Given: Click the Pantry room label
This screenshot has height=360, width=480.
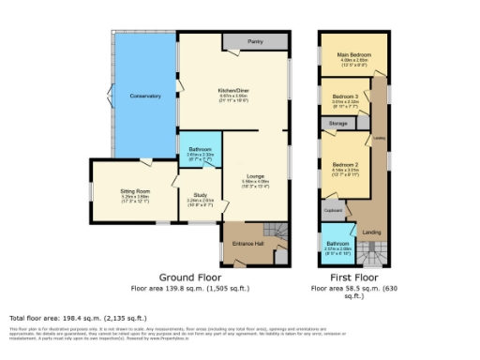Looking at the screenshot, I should click(254, 42).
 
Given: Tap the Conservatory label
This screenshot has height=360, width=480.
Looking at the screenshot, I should click(145, 95).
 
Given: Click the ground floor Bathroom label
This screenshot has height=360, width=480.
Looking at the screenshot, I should click(200, 148).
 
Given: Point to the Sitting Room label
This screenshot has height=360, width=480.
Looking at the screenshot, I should click(135, 190).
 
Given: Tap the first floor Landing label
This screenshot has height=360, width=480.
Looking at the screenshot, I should click(371, 232).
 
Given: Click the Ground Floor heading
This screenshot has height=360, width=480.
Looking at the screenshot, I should click(189, 278).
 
